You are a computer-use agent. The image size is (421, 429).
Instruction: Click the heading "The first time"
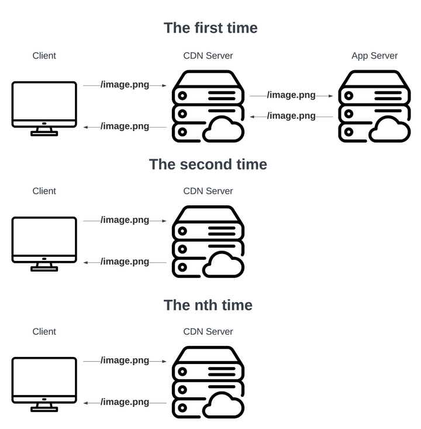coord(210,28)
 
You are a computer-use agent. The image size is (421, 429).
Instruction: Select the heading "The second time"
coord(208,164)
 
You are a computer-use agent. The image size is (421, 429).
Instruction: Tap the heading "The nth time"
coord(208,305)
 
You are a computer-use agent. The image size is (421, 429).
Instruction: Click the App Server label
coord(374,56)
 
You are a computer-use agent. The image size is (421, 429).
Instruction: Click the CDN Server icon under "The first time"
coord(208,107)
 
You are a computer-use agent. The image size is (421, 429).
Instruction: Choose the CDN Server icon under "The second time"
coord(208,242)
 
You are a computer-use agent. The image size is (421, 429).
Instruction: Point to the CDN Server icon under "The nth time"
coord(208,382)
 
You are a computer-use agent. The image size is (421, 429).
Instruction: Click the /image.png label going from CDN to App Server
coord(291,95)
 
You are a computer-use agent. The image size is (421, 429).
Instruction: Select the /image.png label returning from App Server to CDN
coord(291,116)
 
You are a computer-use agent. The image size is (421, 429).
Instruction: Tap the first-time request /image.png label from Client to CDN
coord(125,85)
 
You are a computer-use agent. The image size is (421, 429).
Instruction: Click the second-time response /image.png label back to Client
coord(125,262)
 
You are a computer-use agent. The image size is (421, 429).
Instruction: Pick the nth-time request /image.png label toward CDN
coord(125,361)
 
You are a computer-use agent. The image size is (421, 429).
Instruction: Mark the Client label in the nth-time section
coord(44,331)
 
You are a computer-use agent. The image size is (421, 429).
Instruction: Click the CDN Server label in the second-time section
coord(208,191)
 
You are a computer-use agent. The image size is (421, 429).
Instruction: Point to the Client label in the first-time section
coord(44,56)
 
